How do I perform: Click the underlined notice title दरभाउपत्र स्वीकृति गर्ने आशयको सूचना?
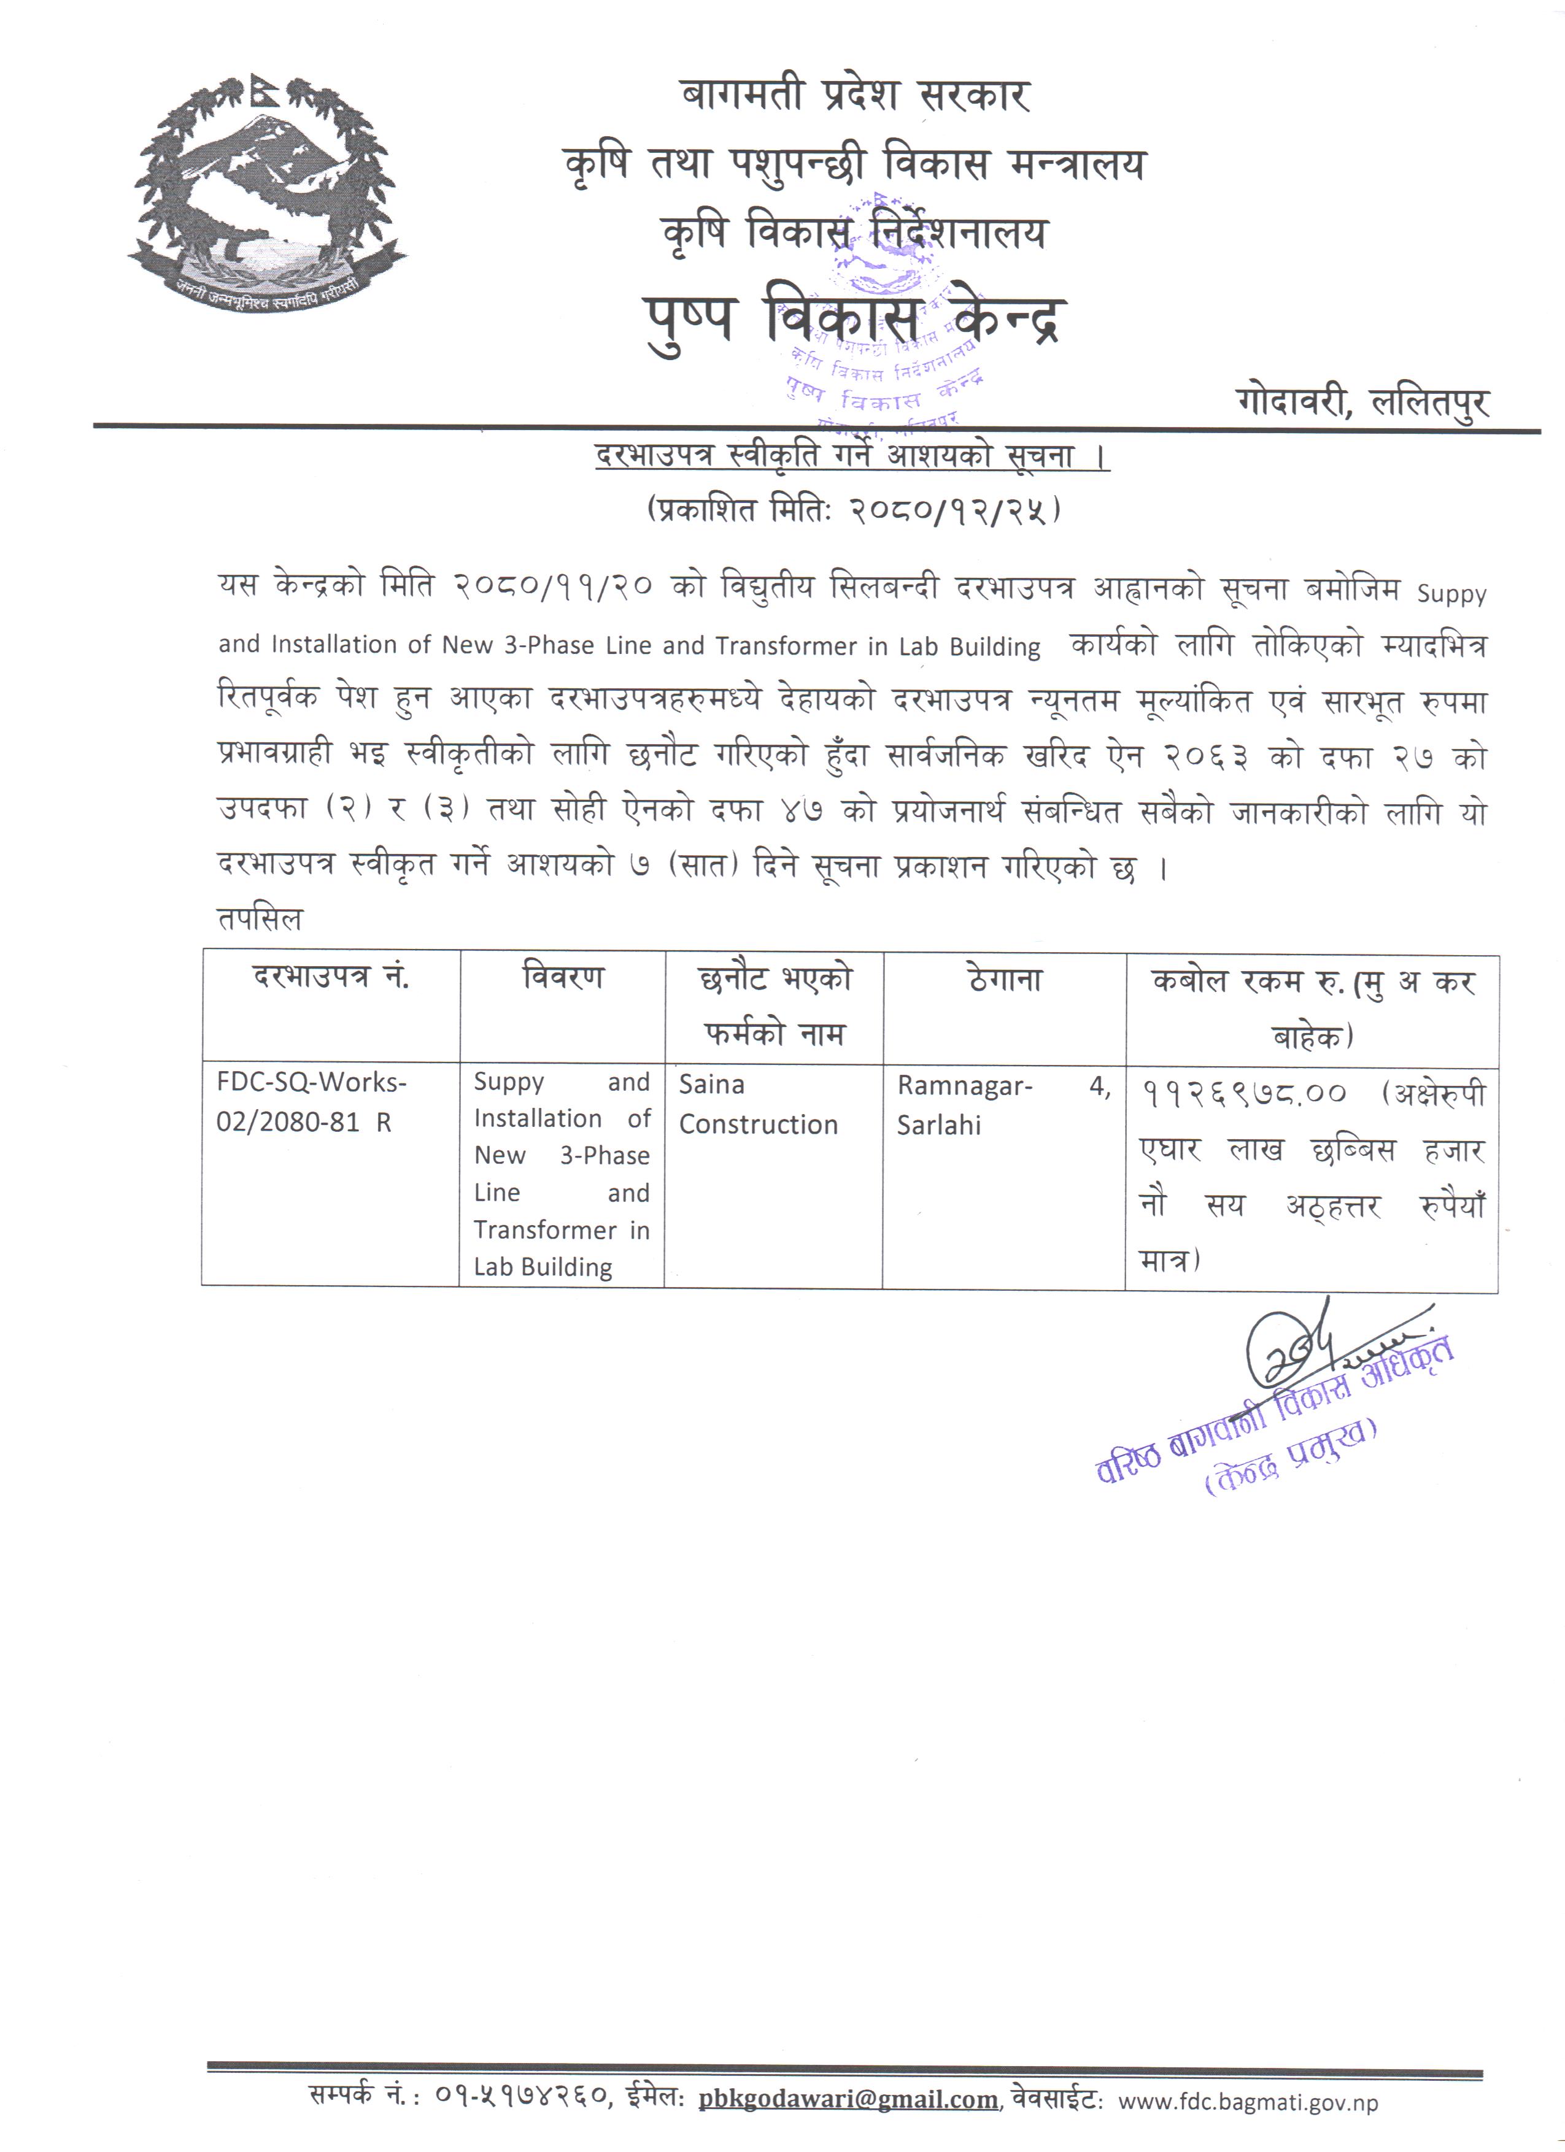[x=851, y=456]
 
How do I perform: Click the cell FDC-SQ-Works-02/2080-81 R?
[x=311, y=1102]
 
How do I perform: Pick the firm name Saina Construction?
[x=757, y=1104]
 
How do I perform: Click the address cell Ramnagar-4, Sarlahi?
[x=1002, y=1105]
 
